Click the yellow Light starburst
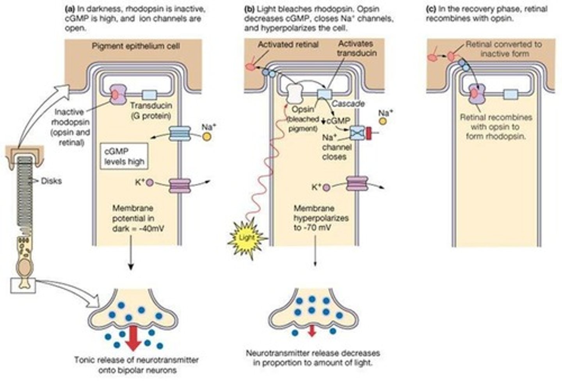[x=247, y=237]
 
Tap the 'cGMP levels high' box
[x=124, y=156]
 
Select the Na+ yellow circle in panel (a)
[x=206, y=137]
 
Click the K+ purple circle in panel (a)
[x=150, y=183]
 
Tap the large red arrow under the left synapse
[x=133, y=339]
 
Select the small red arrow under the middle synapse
[x=311, y=330]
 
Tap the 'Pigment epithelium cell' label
[x=136, y=46]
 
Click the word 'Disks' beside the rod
[x=51, y=181]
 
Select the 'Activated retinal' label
[x=288, y=45]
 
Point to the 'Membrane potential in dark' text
[x=138, y=218]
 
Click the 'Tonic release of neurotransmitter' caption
[x=136, y=364]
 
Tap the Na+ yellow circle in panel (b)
[x=383, y=121]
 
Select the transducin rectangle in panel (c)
[x=510, y=94]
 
